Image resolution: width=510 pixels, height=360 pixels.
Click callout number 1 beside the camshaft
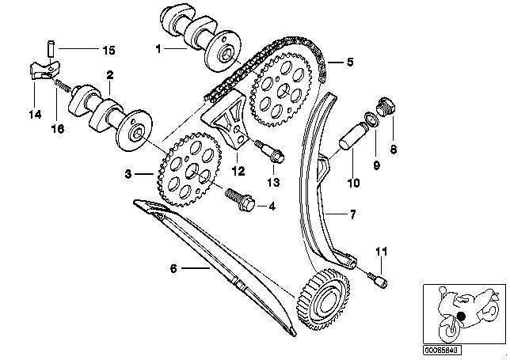[158, 49]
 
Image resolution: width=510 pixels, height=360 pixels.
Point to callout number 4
[272, 207]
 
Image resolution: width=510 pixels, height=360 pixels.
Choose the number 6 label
[173, 267]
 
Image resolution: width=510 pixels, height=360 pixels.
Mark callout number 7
[353, 213]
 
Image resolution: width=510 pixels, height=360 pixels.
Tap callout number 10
[352, 184]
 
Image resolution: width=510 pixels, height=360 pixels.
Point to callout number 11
[382, 252]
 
